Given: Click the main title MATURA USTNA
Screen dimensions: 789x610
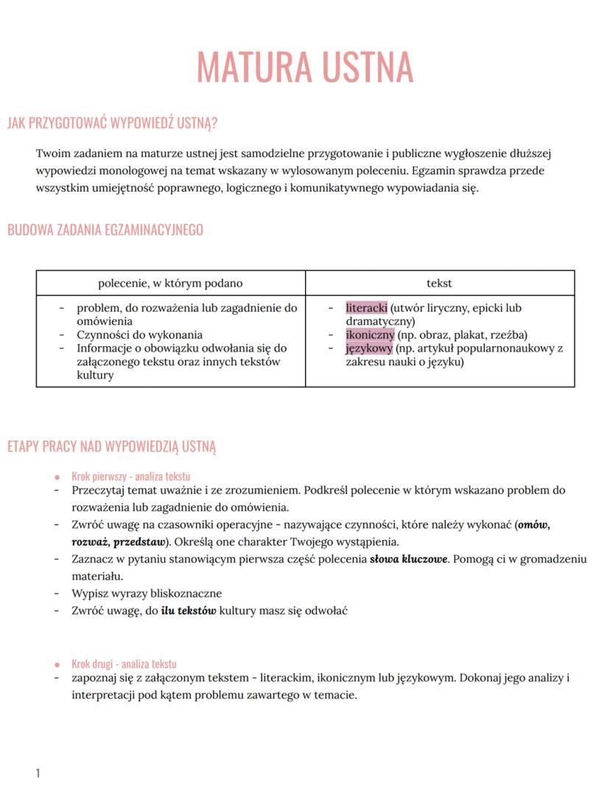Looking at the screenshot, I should coord(304,67).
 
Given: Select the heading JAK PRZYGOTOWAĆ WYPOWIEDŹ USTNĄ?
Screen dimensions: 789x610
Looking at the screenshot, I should coord(112,123).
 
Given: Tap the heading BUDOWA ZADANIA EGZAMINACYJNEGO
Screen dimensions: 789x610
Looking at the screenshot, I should coord(105,230).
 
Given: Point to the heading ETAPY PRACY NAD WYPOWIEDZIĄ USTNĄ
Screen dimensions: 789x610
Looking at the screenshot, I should coord(111,446).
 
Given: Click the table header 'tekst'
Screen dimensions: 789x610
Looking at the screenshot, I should coord(439,283).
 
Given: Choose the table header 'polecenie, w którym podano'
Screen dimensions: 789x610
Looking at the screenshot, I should coord(170,283).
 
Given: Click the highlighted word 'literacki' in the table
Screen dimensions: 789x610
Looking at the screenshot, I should coord(366,308).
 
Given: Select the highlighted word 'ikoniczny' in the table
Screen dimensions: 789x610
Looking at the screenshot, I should coord(370,334).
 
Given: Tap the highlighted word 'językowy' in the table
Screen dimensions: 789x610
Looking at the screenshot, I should coord(368,348).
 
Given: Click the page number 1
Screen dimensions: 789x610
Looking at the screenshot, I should coord(38,773).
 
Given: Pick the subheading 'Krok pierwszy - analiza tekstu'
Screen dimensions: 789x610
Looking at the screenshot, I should coord(130,477).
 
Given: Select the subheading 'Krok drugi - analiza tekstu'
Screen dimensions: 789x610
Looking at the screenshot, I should coord(124,664).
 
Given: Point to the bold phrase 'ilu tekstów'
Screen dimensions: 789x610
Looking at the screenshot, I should coord(189,611).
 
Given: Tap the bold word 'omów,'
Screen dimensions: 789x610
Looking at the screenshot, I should coord(533,525).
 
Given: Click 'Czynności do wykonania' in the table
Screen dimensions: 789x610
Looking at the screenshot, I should coord(139,334).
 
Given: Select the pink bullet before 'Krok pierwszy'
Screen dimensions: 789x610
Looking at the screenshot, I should coord(57,477).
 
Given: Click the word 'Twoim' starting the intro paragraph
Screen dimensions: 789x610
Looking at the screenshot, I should coord(52,154).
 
